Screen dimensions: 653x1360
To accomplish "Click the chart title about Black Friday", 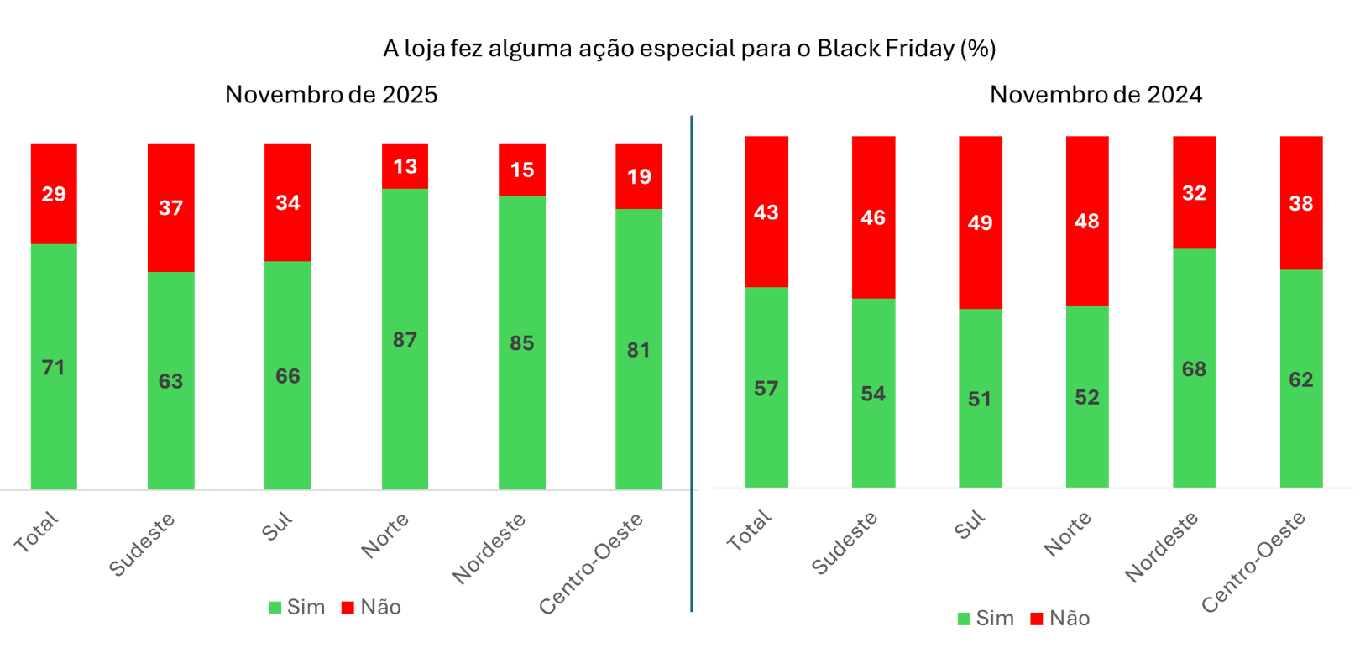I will point(688,49).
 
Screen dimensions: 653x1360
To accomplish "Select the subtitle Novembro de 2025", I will point(331,94).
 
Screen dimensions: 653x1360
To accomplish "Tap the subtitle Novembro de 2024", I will point(1095,94).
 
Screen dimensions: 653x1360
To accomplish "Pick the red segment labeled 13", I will point(405,166).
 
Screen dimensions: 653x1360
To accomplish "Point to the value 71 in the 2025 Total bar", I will point(54,368).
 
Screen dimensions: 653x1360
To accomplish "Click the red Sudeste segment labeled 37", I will point(170,208).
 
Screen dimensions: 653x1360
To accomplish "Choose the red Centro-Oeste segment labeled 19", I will point(638,176).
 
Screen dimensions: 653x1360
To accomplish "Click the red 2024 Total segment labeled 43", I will point(766,212).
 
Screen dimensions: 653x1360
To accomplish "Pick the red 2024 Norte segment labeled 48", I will point(1086,222).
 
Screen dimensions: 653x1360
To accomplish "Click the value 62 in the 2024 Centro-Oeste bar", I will point(1300,380).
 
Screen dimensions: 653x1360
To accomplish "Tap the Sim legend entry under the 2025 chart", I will point(297,608).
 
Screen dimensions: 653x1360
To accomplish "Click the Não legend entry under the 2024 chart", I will point(1060,619).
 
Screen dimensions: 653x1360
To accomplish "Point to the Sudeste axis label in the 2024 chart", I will point(845,543).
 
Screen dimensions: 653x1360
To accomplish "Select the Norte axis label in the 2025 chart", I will point(385,535).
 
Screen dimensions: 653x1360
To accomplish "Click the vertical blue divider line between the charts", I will point(691,361).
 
